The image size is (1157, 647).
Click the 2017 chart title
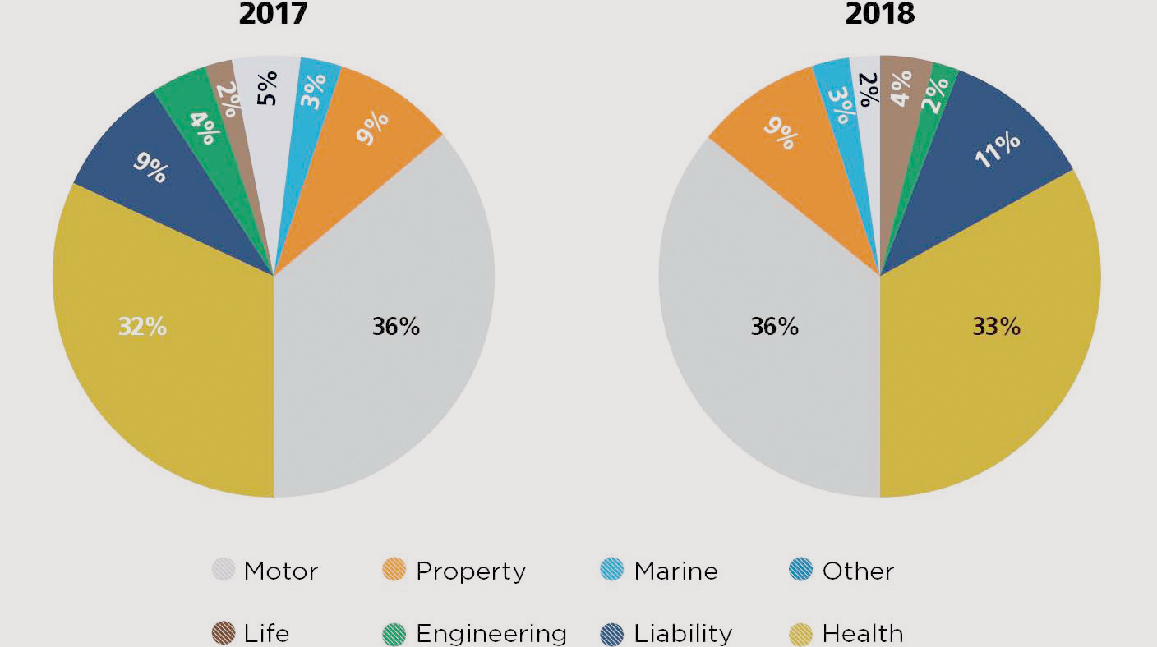pos(273,14)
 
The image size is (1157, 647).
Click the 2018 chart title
pos(879,14)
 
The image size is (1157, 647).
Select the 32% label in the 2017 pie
pos(142,327)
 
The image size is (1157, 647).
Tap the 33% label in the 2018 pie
pos(997,327)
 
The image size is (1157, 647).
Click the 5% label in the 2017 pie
pos(266,88)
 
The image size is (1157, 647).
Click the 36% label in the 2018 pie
pos(774,327)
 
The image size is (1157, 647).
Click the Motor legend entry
pos(280,571)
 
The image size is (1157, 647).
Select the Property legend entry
pos(470,571)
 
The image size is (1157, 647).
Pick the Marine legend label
pos(675,571)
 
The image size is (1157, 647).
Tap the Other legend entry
pos(858,571)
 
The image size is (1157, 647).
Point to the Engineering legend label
pos(491,634)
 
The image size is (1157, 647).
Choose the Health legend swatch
pos(800,634)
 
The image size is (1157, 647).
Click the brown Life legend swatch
pos(224,634)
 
